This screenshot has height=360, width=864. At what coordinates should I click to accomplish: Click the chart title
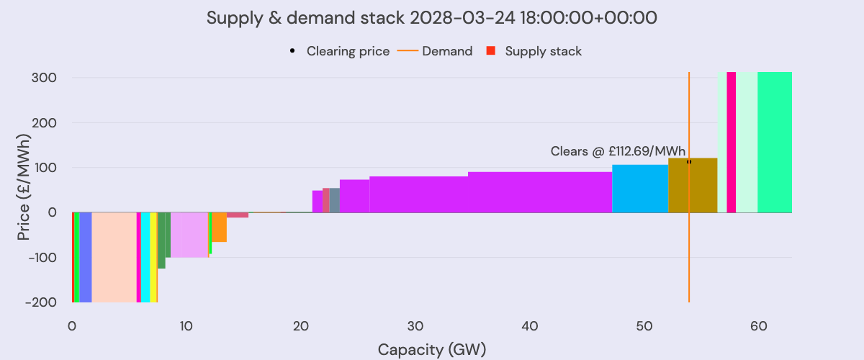[431, 18]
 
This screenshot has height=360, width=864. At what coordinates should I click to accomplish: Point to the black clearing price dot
[689, 161]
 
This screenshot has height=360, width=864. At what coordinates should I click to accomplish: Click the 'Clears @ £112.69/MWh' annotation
[618, 151]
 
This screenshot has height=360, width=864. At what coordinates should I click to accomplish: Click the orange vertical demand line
[689, 252]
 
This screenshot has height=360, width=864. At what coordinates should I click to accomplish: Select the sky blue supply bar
[640, 189]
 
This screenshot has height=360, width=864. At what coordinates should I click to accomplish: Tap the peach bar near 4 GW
[114, 257]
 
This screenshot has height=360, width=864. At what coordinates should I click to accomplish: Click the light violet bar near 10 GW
[189, 235]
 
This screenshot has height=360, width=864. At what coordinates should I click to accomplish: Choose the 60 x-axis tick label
[758, 325]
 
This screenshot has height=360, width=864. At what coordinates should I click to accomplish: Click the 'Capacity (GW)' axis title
[431, 350]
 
